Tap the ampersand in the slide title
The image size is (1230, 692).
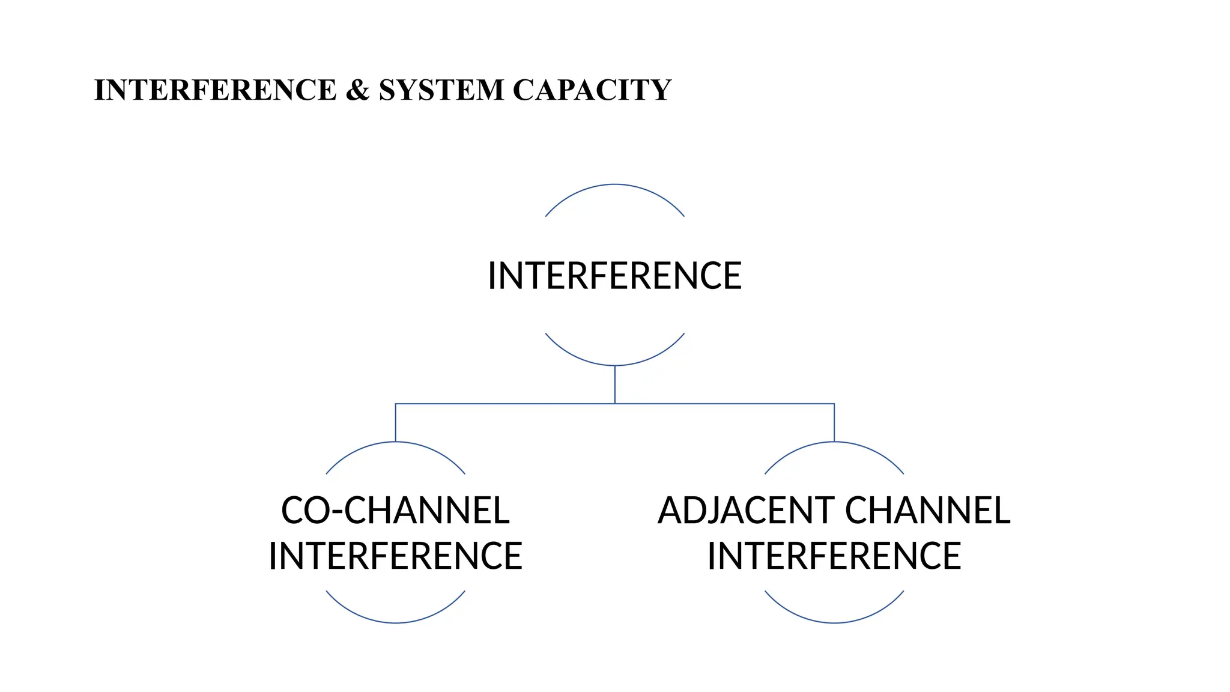[357, 90]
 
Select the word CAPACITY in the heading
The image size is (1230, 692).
[592, 90]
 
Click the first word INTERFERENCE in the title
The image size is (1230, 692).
[215, 90]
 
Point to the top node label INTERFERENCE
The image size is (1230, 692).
[614, 276]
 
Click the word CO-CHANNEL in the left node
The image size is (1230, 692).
[395, 511]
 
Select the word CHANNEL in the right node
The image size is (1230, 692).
[927, 511]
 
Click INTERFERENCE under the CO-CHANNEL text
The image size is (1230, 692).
[395, 556]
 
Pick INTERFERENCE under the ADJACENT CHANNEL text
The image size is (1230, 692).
[834, 556]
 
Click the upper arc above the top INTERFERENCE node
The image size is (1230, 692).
[614, 185]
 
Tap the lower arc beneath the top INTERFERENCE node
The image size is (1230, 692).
[614, 365]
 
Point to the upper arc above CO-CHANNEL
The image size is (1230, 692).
[395, 443]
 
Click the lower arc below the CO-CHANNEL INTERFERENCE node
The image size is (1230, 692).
[395, 622]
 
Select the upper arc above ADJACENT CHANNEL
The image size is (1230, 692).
[834, 443]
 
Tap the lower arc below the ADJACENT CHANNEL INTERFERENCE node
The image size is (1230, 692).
[834, 622]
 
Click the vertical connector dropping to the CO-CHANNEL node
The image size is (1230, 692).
[395, 423]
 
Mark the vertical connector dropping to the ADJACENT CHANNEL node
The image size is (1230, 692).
[834, 423]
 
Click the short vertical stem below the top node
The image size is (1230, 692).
[614, 384]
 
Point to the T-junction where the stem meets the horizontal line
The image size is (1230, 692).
[614, 404]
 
